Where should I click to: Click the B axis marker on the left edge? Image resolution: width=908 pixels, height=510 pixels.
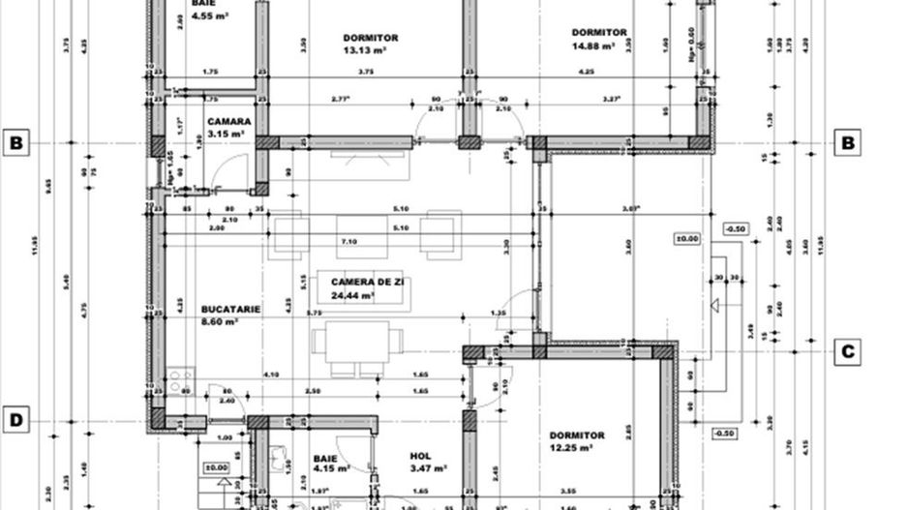15,143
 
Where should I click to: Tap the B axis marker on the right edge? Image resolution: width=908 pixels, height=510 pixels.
848,143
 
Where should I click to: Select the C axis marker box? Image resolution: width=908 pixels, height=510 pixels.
848,351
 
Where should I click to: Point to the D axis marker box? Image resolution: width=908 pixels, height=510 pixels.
15,420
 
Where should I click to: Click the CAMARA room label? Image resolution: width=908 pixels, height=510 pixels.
229,122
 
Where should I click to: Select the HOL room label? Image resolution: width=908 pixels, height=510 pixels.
420,455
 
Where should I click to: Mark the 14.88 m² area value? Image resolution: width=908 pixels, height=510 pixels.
593,45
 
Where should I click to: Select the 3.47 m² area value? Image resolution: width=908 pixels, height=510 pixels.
427,468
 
